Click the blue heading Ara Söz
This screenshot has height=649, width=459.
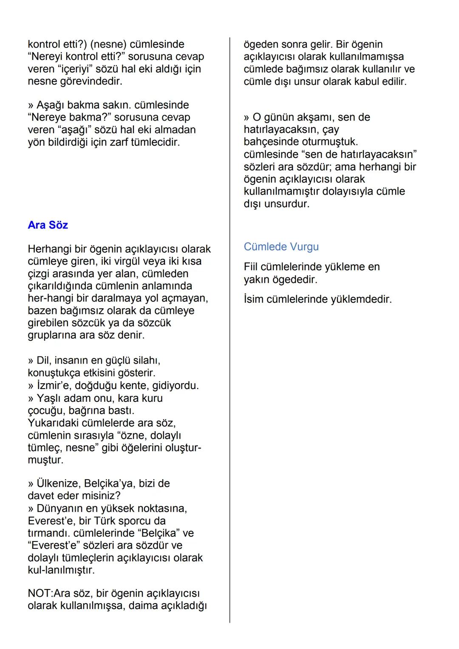click(48, 225)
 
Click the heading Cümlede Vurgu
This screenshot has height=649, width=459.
click(281, 247)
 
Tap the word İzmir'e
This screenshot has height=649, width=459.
click(54, 386)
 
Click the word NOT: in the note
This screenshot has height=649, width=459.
click(40, 593)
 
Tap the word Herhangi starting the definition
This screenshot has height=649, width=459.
click(50, 249)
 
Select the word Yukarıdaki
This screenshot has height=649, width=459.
click(53, 423)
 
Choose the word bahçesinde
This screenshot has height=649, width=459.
click(271, 141)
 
